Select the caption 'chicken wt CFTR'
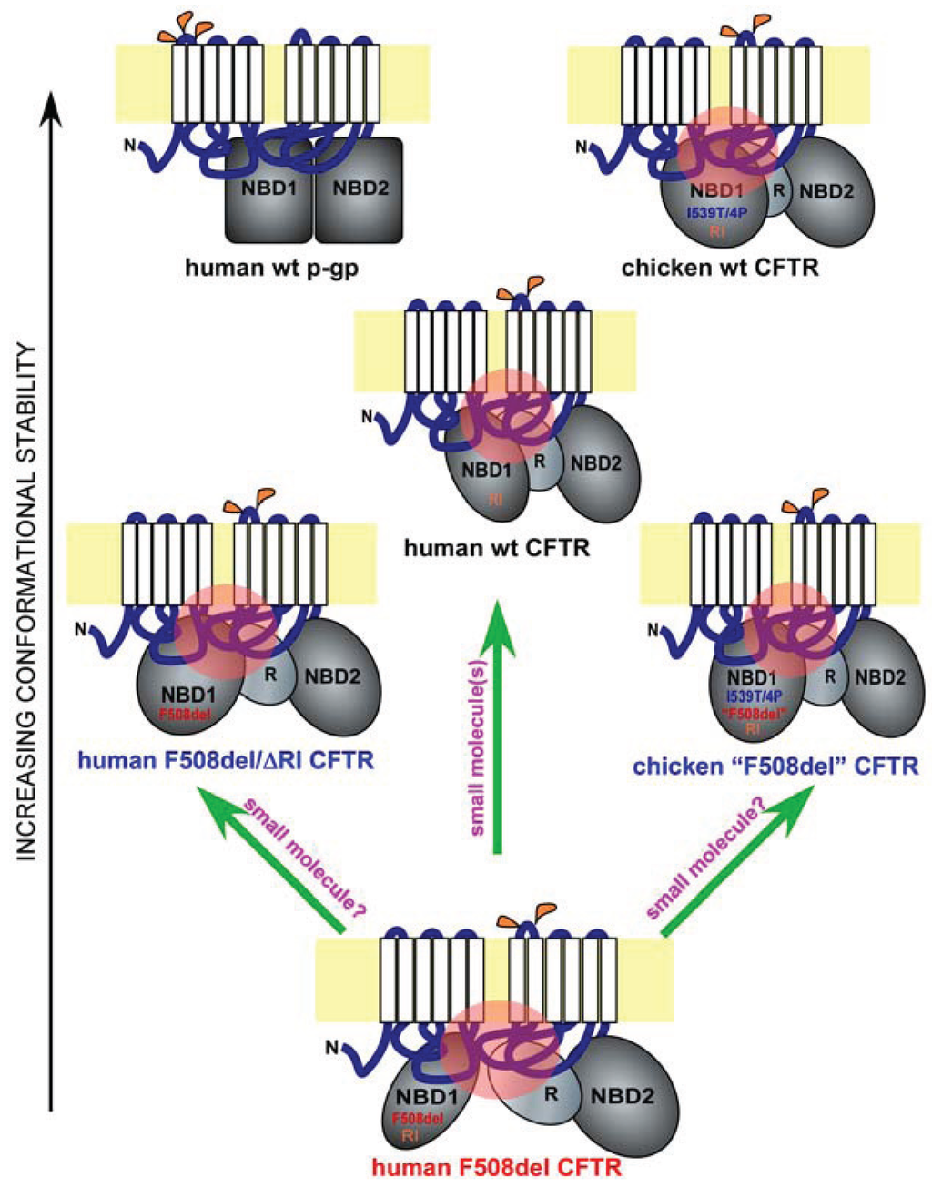[720, 269]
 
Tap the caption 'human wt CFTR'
[497, 549]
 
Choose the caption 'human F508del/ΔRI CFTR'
[228, 758]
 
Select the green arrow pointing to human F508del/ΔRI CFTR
[273, 865]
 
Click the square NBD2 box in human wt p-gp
[359, 190]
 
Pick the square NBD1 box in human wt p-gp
[269, 190]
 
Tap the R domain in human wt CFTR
[539, 461]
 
